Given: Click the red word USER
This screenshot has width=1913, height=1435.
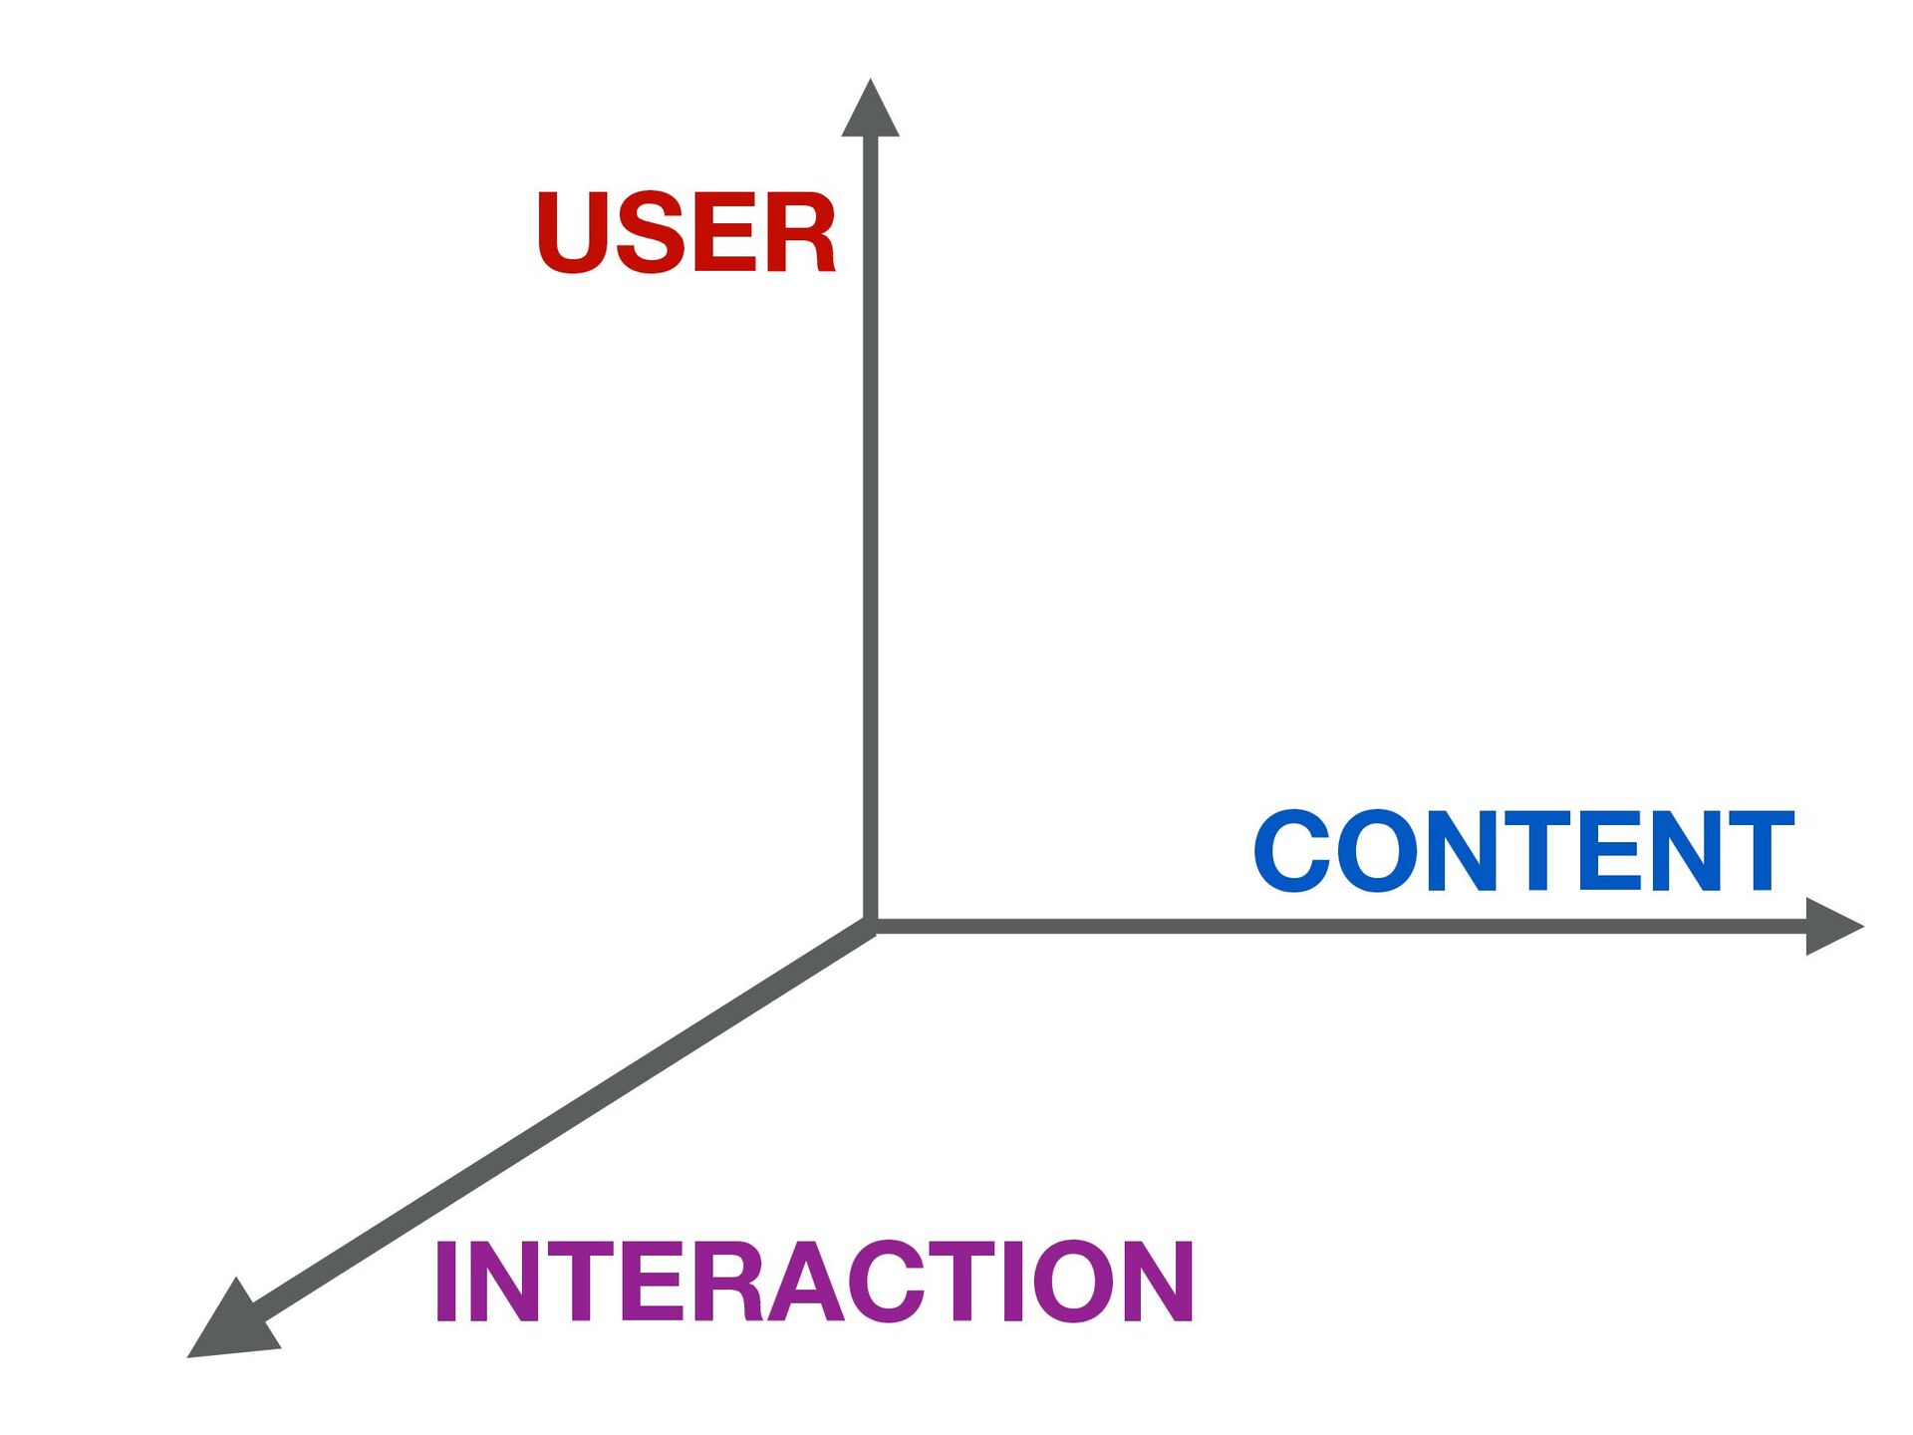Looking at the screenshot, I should [x=685, y=233].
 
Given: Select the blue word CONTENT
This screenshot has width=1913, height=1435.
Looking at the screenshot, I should [x=1523, y=851].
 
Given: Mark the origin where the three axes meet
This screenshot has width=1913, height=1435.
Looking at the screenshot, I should [x=871, y=927].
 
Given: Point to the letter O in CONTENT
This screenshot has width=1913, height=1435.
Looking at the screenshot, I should [x=1374, y=851].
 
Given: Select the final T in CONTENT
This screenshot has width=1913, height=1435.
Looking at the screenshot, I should [x=1756, y=851].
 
